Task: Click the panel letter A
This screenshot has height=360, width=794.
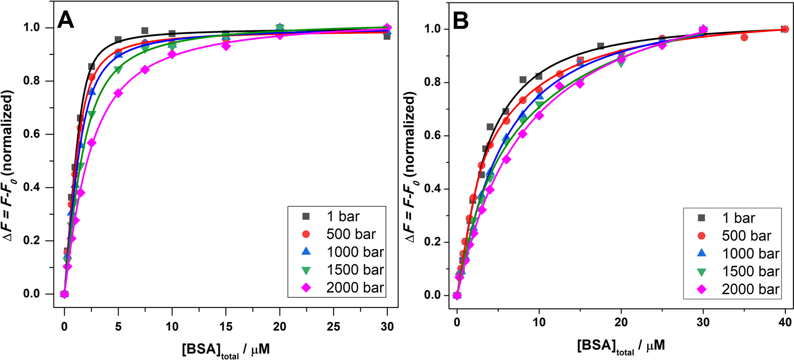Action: tap(66, 20)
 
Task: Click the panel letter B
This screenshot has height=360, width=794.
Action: tap(461, 21)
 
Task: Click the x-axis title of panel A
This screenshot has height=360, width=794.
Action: tap(225, 350)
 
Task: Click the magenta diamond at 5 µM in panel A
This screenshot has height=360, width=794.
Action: tap(118, 93)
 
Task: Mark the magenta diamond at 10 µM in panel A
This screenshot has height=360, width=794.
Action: tap(172, 54)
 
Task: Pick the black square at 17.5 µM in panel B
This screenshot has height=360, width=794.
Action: tap(601, 46)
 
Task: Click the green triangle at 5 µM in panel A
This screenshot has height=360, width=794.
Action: tap(118, 69)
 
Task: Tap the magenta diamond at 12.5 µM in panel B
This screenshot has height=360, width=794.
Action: tap(559, 86)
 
